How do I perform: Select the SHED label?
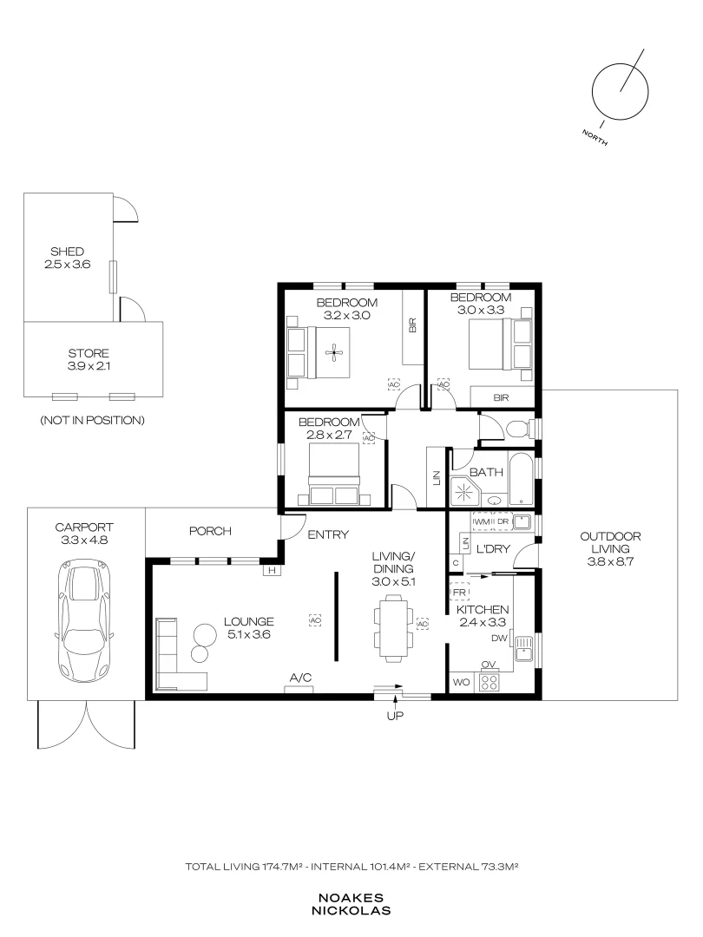pos(67,252)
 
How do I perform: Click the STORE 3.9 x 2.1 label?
pos(89,360)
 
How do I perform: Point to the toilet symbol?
pos(517,429)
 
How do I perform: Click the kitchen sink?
pos(523,648)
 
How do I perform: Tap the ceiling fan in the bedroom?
pos(334,352)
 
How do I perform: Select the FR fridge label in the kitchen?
pos(459,593)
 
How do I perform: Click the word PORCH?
pos(210,531)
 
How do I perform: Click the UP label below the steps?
pos(395,715)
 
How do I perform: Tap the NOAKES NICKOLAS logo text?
pos(351,904)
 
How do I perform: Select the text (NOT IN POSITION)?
pos(92,420)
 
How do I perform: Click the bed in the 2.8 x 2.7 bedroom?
pos(333,475)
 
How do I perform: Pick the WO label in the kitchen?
pos(461,682)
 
